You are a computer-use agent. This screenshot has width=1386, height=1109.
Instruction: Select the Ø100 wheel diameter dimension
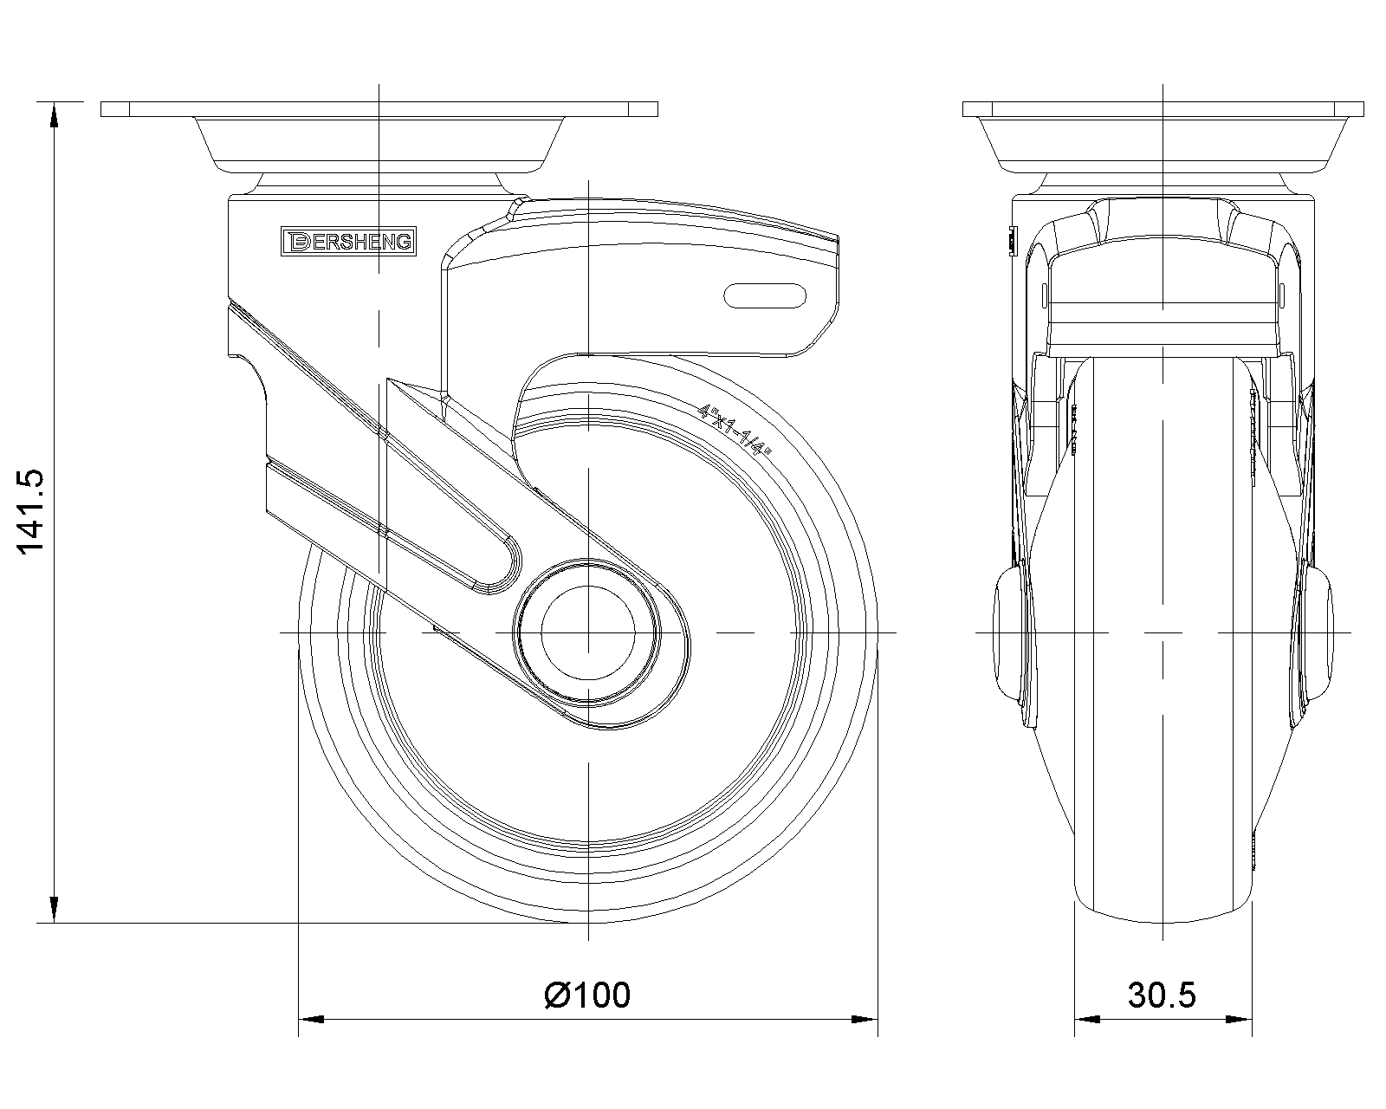pyautogui.click(x=588, y=995)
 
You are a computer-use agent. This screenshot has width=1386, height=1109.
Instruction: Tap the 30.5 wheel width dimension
pyautogui.click(x=1162, y=995)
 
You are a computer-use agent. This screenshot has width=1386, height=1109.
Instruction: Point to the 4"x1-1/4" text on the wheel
pyautogui.click(x=737, y=428)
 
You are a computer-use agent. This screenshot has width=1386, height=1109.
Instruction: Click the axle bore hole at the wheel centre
pyautogui.click(x=588, y=633)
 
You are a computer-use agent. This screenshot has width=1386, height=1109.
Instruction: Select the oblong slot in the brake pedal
pyautogui.click(x=765, y=295)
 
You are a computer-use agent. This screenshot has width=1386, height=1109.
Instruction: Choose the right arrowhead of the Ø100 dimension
pyautogui.click(x=865, y=1019)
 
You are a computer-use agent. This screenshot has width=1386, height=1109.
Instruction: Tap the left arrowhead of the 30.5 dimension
pyautogui.click(x=1086, y=1019)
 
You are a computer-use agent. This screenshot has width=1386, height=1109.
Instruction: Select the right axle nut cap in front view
pyautogui.click(x=1318, y=633)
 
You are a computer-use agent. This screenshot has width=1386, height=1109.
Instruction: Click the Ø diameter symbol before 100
pyautogui.click(x=557, y=995)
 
